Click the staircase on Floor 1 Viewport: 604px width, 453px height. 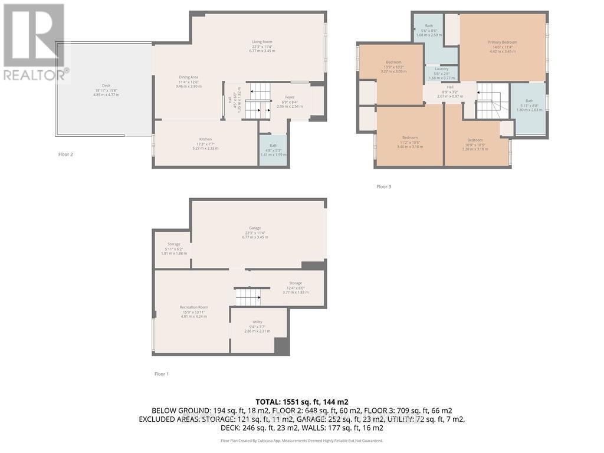(248, 297)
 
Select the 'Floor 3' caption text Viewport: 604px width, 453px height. (384, 187)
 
